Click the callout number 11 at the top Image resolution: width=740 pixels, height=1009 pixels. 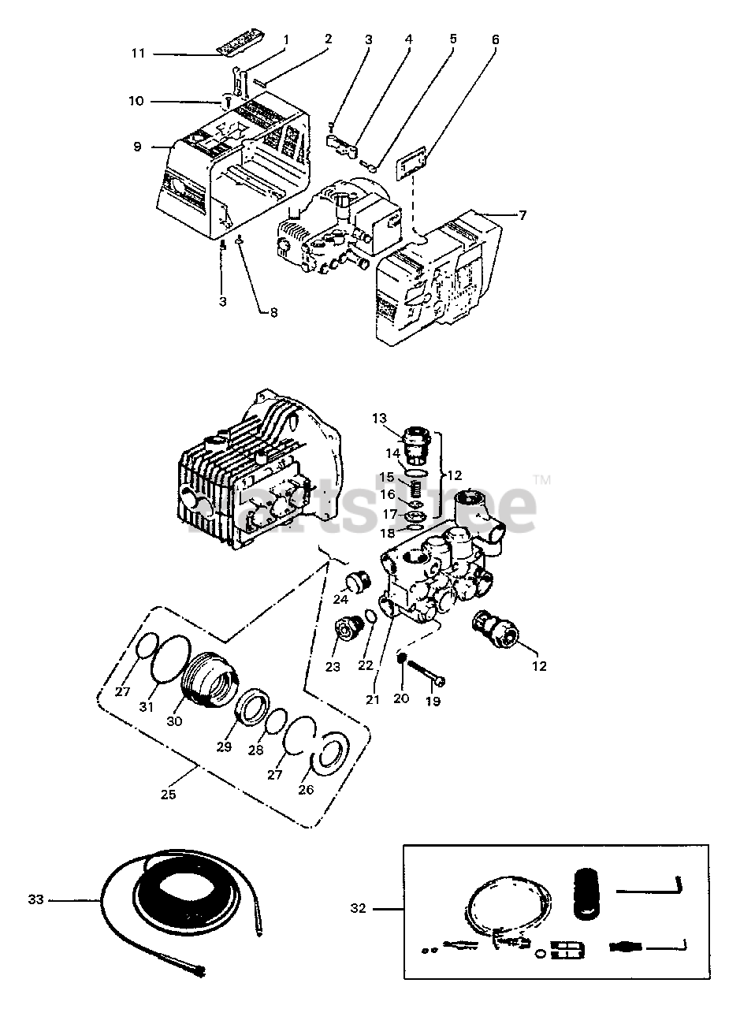[x=138, y=54]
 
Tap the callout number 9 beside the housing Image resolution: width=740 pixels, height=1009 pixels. [x=138, y=147]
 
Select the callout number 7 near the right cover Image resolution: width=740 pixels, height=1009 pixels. [x=522, y=216]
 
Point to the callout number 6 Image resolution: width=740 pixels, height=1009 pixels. [x=496, y=39]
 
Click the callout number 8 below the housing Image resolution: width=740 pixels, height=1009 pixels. [x=273, y=312]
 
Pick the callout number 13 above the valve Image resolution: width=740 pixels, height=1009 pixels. [x=379, y=419]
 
